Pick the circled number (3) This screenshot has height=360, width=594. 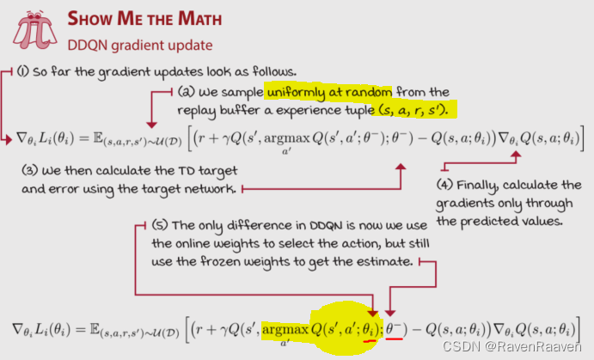click(29, 169)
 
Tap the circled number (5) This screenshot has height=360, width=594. click(160, 225)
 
